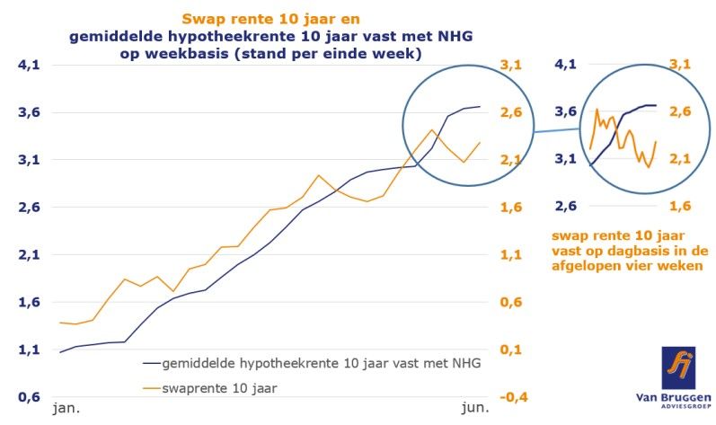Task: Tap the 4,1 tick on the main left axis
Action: point(22,65)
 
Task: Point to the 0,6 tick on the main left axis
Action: point(22,397)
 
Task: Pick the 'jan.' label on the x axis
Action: point(66,408)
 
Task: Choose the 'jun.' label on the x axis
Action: point(473,408)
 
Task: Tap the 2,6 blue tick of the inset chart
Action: point(566,207)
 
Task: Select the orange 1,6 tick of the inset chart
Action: point(679,207)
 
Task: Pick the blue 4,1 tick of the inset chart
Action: point(566,65)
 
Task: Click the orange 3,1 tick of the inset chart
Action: point(679,65)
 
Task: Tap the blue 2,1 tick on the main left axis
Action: point(22,255)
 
